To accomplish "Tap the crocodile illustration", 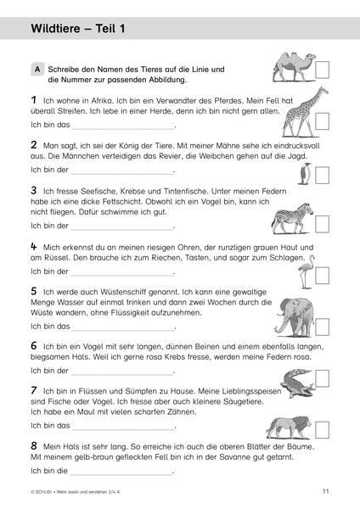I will pyautogui.click(x=294, y=381).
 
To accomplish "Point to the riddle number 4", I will pyautogui.click(x=33, y=245).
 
